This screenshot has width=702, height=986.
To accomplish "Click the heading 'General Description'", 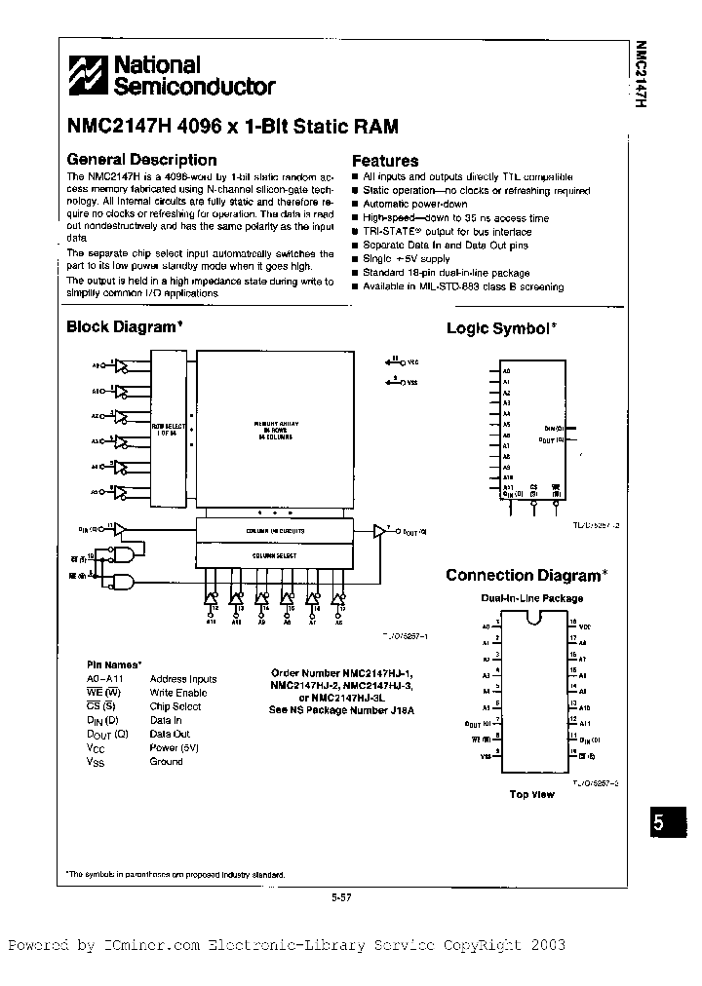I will click(140, 160).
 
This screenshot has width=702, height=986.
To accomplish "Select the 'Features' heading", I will click(385, 161).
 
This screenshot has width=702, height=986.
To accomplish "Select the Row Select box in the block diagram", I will click(168, 429).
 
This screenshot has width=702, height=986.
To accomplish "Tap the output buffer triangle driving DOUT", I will click(380, 531).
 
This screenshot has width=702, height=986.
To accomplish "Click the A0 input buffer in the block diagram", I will click(120, 367).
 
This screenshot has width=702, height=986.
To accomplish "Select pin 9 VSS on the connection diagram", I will click(485, 755).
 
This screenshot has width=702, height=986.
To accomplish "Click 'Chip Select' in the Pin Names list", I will click(175, 706).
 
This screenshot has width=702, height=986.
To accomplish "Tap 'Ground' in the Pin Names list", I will click(166, 761).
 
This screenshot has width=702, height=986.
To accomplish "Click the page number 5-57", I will click(340, 898).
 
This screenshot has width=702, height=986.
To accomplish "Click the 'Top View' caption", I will click(531, 794).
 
